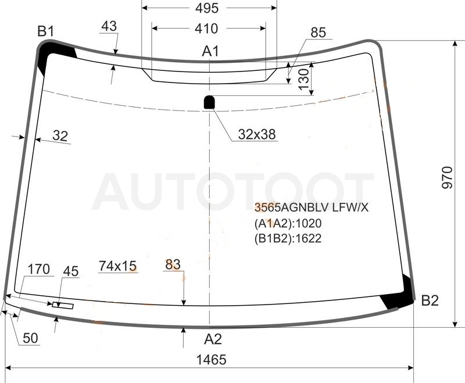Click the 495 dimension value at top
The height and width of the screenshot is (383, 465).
207,8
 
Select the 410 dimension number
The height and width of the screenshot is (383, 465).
206,28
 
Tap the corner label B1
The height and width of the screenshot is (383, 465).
46,31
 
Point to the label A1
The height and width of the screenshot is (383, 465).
210,51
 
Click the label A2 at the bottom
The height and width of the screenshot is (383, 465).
213,339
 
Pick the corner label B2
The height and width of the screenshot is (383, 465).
430,300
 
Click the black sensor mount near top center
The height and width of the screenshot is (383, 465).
209,102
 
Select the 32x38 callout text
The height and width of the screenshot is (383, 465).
257,134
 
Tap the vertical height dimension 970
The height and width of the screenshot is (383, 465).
447,178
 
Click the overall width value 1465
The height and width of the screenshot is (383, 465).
212,360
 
